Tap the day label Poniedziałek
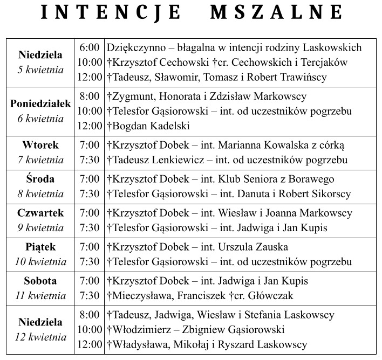40,104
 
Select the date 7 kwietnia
40,160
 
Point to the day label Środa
40,179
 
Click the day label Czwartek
40,213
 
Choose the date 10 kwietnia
40,262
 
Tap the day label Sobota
40,281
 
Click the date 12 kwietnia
40,337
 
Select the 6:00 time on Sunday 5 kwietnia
89,48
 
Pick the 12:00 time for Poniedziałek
89,126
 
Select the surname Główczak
268,296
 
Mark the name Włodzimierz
142,329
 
